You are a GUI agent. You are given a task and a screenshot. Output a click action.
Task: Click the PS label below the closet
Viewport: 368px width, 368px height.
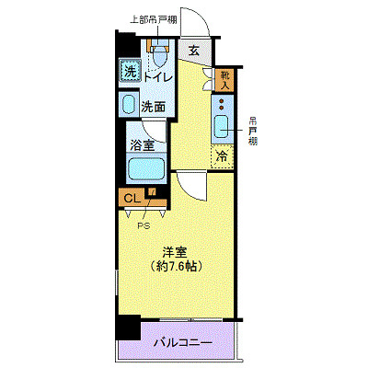tap(144, 224)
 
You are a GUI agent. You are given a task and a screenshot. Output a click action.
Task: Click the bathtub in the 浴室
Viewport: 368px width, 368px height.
tap(145, 168)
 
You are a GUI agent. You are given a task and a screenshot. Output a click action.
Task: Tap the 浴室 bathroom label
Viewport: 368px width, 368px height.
tap(143, 145)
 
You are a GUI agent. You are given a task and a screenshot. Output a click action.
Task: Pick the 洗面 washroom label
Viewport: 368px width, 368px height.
tap(153, 106)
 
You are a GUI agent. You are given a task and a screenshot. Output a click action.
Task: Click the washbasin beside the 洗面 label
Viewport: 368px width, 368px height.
tap(129, 106)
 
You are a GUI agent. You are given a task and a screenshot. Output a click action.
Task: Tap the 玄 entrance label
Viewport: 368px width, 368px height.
tap(194, 52)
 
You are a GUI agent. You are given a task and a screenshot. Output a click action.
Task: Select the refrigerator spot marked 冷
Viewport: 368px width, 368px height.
tap(223, 156)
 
